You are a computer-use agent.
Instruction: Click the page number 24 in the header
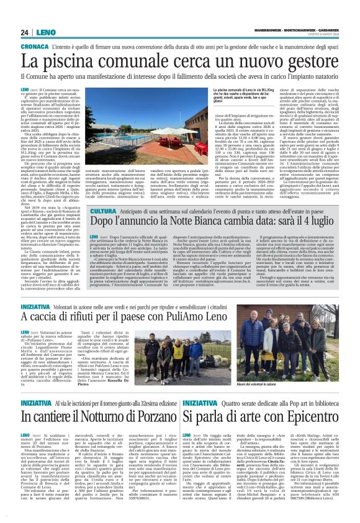coord(25,32)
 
